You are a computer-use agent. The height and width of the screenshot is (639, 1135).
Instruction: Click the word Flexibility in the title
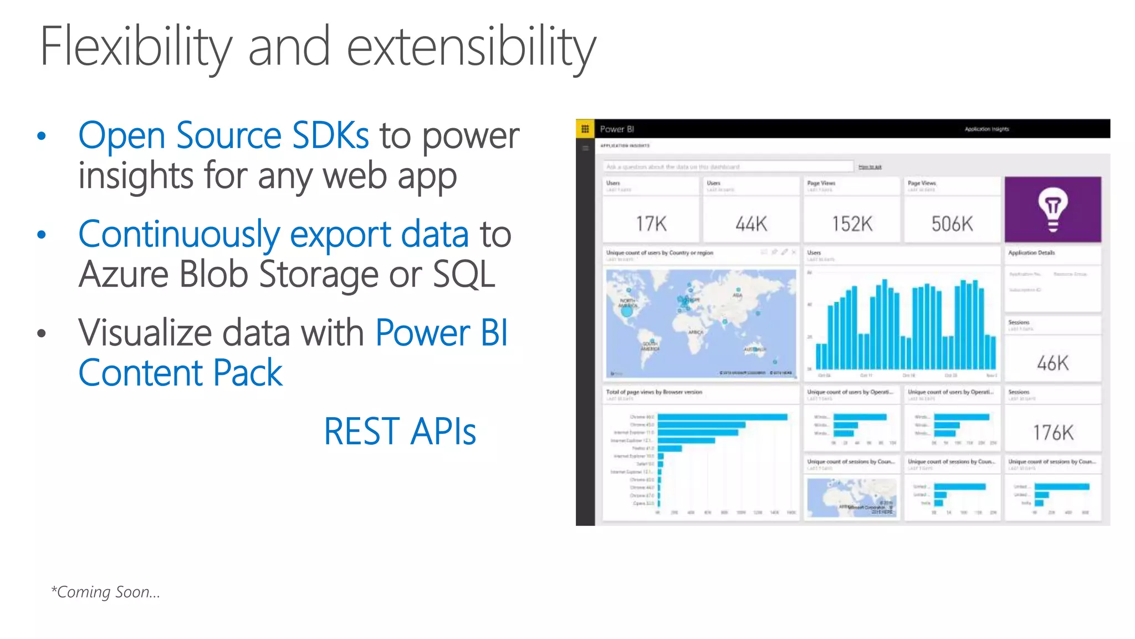click(136, 47)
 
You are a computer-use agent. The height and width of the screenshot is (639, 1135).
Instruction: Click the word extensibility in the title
click(471, 47)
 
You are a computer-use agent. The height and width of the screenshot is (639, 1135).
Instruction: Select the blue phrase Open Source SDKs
click(223, 135)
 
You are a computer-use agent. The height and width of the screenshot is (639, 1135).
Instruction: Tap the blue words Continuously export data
click(273, 234)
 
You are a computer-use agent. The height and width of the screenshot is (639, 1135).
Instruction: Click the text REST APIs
click(400, 432)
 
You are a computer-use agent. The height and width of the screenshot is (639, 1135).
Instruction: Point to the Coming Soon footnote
click(105, 592)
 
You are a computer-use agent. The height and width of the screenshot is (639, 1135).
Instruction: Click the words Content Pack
click(180, 373)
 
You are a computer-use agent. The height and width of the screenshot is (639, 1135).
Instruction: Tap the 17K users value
click(651, 224)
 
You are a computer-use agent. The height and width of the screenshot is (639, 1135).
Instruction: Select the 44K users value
click(751, 224)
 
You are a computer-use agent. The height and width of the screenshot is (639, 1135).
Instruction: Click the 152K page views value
click(852, 224)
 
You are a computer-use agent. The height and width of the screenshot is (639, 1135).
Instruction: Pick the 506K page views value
click(952, 224)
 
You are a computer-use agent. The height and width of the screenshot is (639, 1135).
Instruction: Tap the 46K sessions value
click(1052, 363)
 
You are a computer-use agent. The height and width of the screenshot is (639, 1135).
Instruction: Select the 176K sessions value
click(1053, 433)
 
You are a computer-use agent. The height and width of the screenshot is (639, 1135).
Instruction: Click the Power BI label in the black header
click(617, 129)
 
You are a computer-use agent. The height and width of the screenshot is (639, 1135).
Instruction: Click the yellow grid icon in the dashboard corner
click(585, 129)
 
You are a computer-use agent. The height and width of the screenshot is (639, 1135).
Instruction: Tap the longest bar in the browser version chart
click(722, 417)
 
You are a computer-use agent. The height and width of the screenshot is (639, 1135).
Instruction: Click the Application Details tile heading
click(1031, 253)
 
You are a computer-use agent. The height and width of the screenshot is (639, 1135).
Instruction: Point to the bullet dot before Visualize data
click(42, 333)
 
